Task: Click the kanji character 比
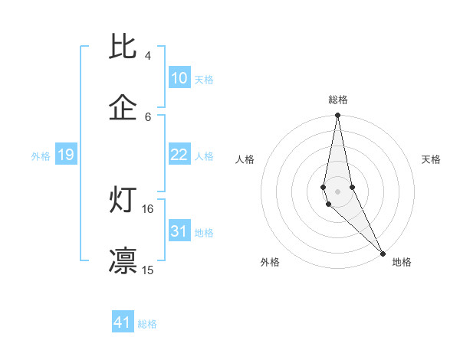pos(123,47)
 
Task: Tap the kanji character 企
pos(123,108)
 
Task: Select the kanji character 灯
pos(123,200)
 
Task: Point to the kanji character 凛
pos(123,260)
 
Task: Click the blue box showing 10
pos(179,78)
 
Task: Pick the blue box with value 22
pos(179,155)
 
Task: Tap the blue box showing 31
pos(179,231)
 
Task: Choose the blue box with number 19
pos(66,155)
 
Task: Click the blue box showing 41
pos(123,322)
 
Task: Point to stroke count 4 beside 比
pos(148,56)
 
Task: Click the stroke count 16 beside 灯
pos(148,208)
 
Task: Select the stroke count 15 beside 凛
pos(148,270)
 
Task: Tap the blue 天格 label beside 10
pos(204,80)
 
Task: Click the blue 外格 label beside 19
pos(41,156)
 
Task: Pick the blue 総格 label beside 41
pos(147,324)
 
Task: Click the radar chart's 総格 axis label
pos(338,100)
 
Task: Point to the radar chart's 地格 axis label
pos(402,262)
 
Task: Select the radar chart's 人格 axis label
pos(245,159)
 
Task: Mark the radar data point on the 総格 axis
pos(337,116)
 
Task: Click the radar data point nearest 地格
pos(383,253)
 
